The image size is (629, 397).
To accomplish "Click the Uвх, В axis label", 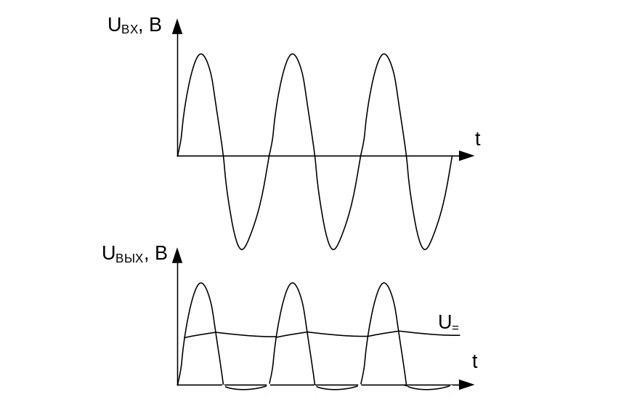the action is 135,25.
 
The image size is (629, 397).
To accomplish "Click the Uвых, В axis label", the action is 135,254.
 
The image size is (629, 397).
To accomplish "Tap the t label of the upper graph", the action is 477,139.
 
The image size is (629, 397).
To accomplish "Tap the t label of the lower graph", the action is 475,361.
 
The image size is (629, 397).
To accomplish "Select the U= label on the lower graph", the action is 449,322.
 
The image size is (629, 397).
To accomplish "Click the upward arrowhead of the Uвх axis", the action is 177,26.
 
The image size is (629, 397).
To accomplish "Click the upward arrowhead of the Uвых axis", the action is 177,255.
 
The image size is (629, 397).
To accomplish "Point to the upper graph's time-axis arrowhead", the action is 466,156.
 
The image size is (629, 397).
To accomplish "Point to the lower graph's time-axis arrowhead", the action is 466,385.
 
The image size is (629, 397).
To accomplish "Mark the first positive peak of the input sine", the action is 201,54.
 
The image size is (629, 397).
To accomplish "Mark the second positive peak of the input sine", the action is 293,54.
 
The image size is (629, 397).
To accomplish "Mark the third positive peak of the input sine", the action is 384,54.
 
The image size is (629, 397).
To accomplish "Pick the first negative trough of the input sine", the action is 241,249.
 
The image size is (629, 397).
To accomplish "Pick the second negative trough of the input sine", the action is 333,249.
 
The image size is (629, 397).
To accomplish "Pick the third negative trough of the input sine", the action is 425,249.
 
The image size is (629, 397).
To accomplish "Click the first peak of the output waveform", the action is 201,283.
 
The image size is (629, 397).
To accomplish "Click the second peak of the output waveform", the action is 293,283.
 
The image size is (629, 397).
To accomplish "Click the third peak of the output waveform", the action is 384,283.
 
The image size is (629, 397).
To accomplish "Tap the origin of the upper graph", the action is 177,156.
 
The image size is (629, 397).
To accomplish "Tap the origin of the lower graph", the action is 177,385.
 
